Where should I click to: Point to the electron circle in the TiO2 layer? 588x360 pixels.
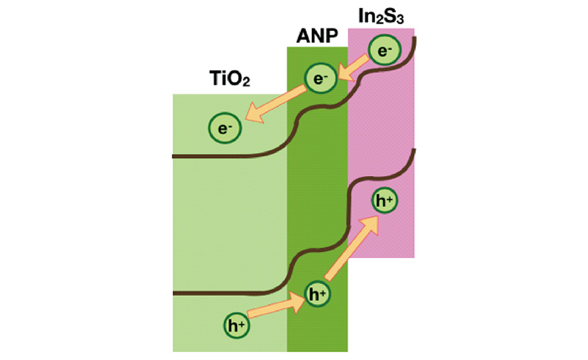tap(225, 128)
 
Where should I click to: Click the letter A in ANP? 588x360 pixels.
tap(301, 38)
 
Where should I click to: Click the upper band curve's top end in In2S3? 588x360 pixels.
tap(416, 38)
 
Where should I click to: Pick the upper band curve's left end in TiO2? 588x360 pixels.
tap(173, 156)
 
